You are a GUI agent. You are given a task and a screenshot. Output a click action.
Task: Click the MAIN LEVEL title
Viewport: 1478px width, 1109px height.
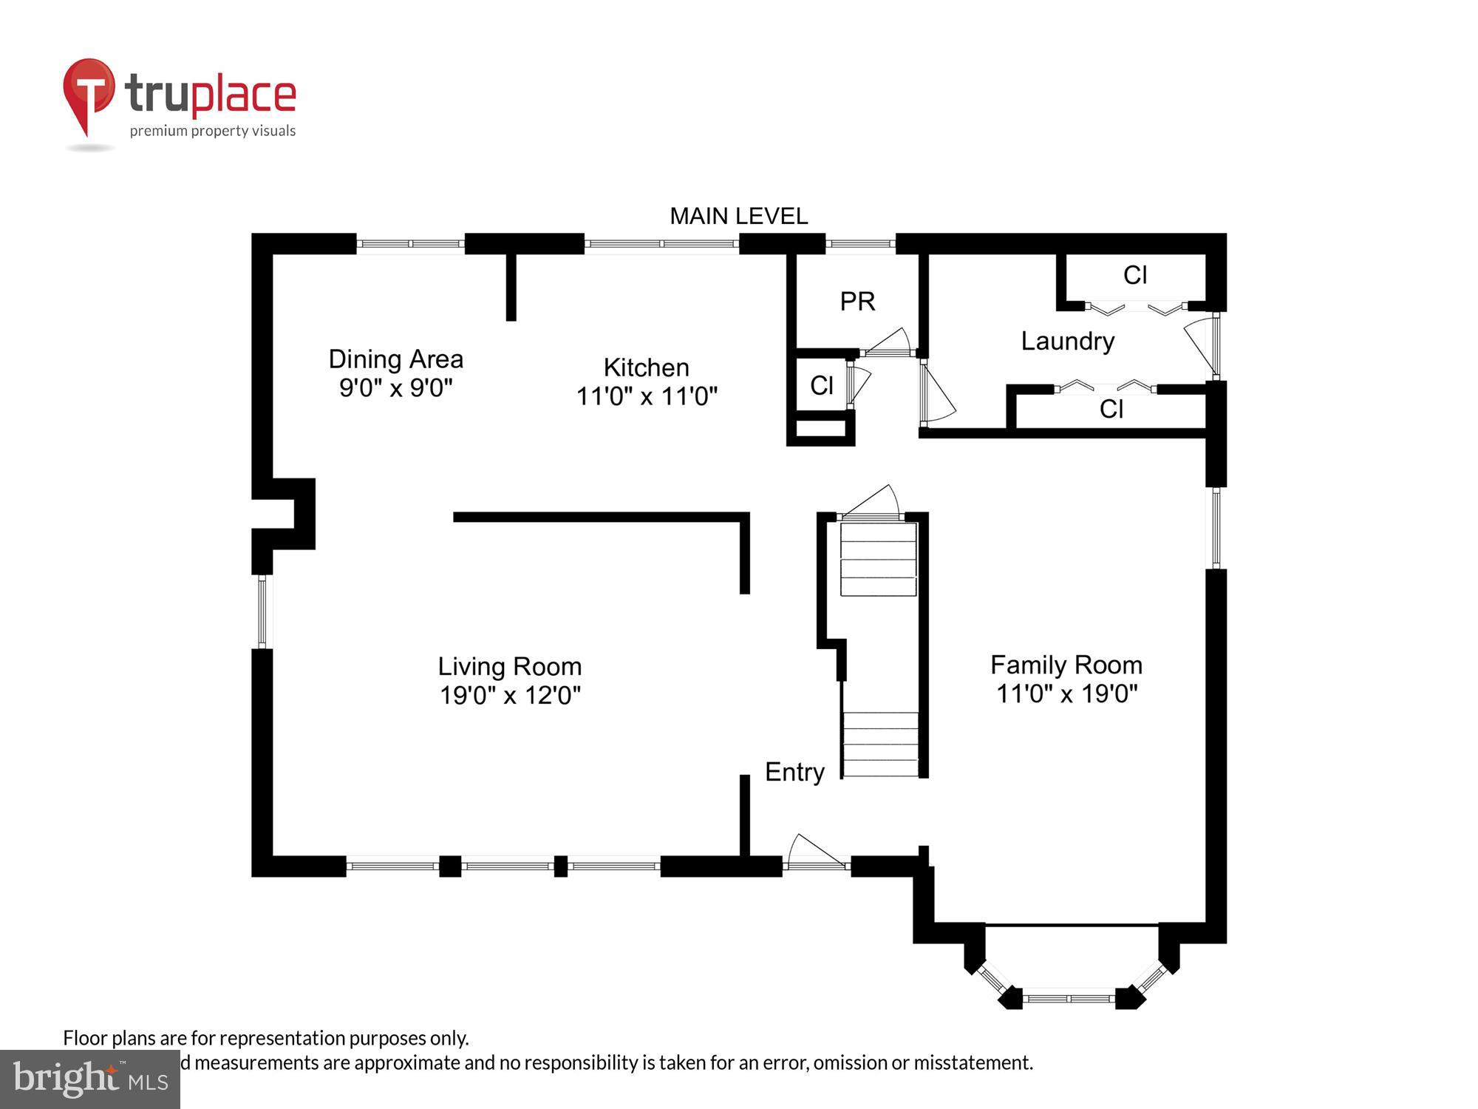point(738,216)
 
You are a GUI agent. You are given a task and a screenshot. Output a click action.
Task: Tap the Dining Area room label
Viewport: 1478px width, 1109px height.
point(395,359)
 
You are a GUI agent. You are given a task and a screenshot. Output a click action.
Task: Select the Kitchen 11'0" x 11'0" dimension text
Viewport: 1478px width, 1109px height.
point(647,396)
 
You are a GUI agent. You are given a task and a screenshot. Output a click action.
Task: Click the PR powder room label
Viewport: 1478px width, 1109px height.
point(857,302)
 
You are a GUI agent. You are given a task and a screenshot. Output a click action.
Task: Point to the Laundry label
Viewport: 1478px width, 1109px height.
point(1067,341)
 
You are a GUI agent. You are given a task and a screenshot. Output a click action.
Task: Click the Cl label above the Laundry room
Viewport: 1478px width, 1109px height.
point(1134,275)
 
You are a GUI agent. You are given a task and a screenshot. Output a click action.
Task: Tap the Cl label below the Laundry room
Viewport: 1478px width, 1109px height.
point(1111,409)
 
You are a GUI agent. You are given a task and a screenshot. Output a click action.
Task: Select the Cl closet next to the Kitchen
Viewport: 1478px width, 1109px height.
point(821,385)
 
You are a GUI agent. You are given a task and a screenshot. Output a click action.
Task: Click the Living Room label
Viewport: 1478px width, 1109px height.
point(509,666)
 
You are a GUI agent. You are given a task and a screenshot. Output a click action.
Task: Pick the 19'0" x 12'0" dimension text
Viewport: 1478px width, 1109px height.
point(510,696)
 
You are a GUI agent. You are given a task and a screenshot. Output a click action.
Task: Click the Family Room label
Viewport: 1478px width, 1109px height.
point(1066,665)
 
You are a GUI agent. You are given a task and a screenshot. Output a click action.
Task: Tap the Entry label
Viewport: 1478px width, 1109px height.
point(794,772)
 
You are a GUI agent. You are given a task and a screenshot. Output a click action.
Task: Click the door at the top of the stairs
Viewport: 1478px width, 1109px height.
point(872,503)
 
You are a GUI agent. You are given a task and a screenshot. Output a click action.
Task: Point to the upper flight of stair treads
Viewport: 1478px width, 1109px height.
point(878,559)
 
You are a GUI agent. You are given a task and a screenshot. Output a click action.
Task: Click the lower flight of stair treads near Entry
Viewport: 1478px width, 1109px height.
point(880,744)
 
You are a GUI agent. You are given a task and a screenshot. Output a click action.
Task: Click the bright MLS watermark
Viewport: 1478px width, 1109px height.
point(89,1079)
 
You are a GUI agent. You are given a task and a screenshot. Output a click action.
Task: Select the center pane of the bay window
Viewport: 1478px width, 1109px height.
point(1069,998)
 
